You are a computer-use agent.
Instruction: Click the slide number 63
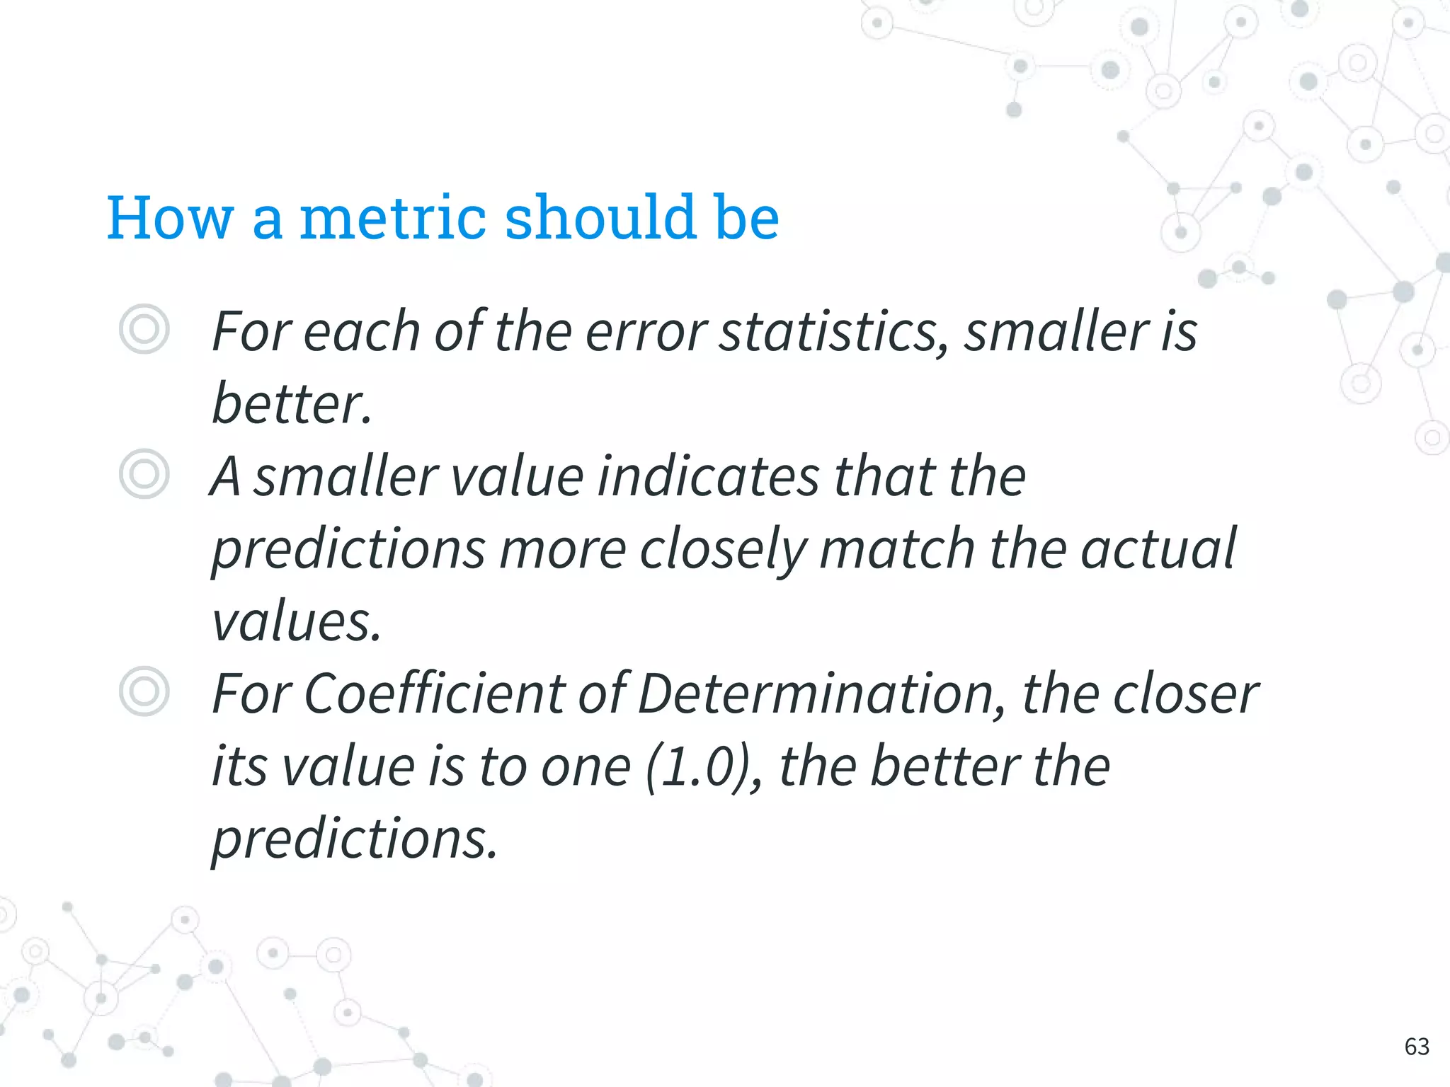click(x=1417, y=1047)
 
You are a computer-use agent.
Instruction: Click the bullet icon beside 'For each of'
click(x=144, y=329)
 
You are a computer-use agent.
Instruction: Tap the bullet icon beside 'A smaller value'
click(x=144, y=474)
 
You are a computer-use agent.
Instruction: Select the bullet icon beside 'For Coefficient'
click(x=144, y=691)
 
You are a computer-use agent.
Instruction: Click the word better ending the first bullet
click(x=290, y=405)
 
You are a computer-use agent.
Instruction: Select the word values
click(x=296, y=623)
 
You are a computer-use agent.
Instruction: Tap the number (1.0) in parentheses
click(x=702, y=768)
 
